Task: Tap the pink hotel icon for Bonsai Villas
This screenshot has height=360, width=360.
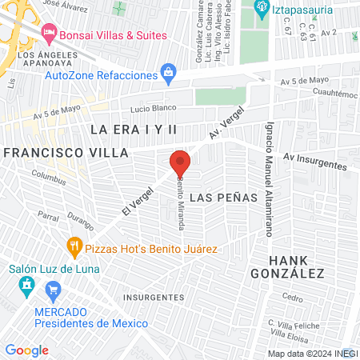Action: [50, 34]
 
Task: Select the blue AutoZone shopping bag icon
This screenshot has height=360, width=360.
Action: [168, 74]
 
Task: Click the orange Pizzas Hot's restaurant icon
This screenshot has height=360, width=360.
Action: [74, 248]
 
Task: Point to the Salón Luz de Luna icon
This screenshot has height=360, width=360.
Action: [26, 286]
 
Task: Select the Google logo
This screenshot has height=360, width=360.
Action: [27, 350]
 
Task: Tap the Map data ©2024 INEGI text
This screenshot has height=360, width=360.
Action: [313, 353]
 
